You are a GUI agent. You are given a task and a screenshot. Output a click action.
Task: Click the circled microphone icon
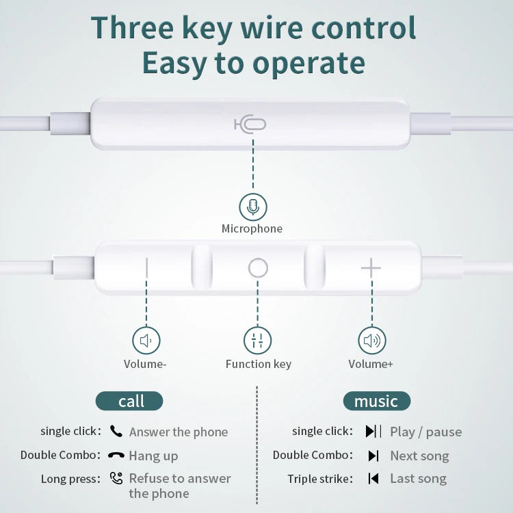point(253,207)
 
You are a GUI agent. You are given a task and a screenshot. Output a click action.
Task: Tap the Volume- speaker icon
point(146,340)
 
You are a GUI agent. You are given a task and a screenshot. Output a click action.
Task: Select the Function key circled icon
point(258,340)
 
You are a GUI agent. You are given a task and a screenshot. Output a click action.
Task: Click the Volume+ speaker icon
point(371,340)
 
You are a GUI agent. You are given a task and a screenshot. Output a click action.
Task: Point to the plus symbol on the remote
point(371,268)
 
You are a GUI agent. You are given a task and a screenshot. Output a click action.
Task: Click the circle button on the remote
point(258,268)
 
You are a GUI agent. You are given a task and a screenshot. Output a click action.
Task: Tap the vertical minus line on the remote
point(146,268)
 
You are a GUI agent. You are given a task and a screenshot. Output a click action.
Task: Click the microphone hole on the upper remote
point(250,124)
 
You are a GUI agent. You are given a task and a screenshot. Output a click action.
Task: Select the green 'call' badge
point(129,401)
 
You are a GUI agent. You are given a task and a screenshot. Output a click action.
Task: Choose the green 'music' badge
point(376,401)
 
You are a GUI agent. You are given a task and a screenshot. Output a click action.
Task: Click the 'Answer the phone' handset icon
point(116,431)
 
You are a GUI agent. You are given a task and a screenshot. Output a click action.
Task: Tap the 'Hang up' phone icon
point(116,455)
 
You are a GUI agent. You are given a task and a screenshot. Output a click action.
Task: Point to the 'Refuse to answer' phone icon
point(116,478)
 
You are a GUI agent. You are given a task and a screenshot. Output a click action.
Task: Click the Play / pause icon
point(373,431)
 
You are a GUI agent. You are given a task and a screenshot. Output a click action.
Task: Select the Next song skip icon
point(373,456)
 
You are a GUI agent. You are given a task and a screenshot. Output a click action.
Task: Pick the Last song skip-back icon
point(373,478)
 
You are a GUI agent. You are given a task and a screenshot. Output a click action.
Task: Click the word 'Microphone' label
point(252,228)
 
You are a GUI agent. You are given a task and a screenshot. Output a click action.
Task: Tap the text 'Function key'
point(259,364)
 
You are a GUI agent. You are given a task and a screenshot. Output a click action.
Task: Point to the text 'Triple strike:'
point(320,479)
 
